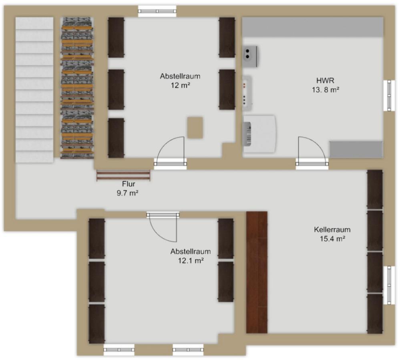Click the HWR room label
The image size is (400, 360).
pyautogui.click(x=325, y=80)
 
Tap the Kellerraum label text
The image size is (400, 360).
pyautogui.click(x=332, y=230)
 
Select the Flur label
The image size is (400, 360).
pyautogui.click(x=129, y=184)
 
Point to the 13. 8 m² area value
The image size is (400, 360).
pyautogui.click(x=326, y=90)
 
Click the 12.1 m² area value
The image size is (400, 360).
pyautogui.click(x=191, y=261)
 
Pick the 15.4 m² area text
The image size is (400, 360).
pyautogui.click(x=333, y=239)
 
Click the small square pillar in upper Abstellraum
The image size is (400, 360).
pyautogui.click(x=195, y=127)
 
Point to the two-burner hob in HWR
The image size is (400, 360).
pyautogui.click(x=250, y=56)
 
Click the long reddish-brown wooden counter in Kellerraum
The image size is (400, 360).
pyautogui.click(x=257, y=272)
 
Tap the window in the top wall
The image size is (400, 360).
pyautogui.click(x=157, y=11)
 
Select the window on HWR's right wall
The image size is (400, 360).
pyautogui.click(x=389, y=95)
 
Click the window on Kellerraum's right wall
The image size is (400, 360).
pyautogui.click(x=389, y=285)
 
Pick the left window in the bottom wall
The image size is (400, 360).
pyautogui.click(x=119, y=350)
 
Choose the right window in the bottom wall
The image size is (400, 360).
pyautogui.click(x=188, y=350)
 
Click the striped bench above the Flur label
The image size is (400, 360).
pyautogui.click(x=123, y=175)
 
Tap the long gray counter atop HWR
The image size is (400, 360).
pyautogui.click(x=312, y=27)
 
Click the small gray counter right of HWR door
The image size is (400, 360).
pyautogui.click(x=356, y=149)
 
